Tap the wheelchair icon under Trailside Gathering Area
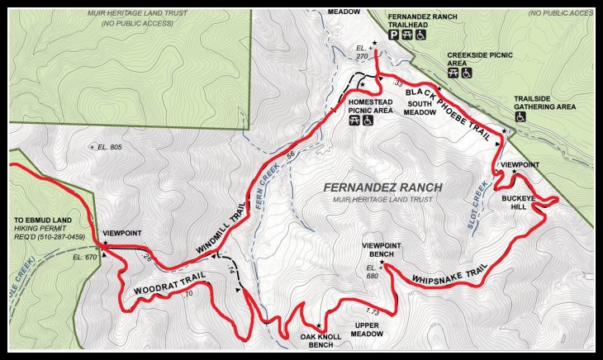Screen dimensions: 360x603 520,117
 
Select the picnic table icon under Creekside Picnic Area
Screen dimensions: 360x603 453,73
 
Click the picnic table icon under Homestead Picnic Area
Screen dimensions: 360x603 354,120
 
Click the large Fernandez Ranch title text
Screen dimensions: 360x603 382,187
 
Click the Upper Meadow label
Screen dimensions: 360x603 377,329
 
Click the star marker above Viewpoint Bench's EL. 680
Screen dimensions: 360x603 381,264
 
